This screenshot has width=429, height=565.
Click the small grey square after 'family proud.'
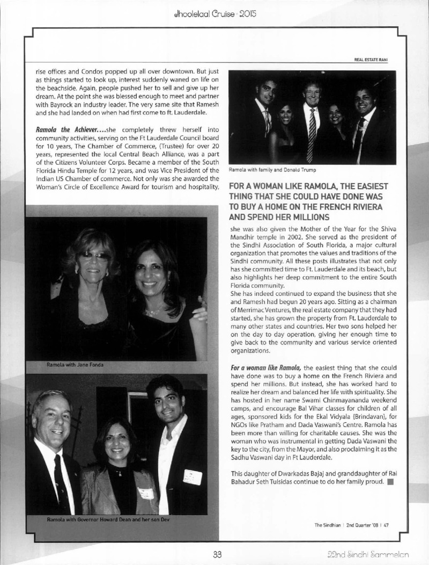click(390, 481)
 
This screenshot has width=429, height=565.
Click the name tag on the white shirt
click(191, 476)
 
